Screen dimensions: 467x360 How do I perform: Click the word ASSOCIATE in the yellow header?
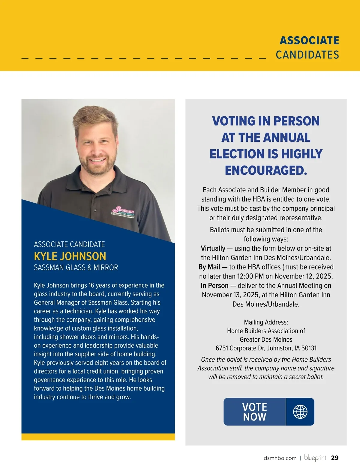tap(309, 40)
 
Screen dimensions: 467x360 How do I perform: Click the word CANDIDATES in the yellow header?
tap(307, 55)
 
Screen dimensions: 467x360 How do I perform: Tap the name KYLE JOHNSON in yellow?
tap(70, 256)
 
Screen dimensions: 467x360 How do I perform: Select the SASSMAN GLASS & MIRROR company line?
tap(76, 267)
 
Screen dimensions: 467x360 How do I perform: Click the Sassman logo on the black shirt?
tap(123, 211)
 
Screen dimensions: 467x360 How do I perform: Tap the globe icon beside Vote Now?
tap(300, 412)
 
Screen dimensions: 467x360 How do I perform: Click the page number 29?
tap(335, 458)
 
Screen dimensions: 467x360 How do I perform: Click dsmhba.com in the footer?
tap(280, 458)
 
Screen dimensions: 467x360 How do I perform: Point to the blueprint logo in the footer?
tap(315, 458)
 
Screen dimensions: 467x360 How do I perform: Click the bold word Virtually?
tap(213, 248)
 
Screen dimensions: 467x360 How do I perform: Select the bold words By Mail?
tap(209, 267)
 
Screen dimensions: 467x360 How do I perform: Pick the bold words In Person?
tap(214, 286)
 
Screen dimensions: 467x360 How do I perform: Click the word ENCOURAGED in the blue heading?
tap(265, 170)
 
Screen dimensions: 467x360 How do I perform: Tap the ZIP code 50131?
tap(309, 348)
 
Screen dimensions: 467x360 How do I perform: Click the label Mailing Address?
tap(266, 322)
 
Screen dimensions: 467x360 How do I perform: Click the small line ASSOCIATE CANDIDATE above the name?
tap(69, 244)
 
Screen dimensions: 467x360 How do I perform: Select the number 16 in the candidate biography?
tap(91, 285)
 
